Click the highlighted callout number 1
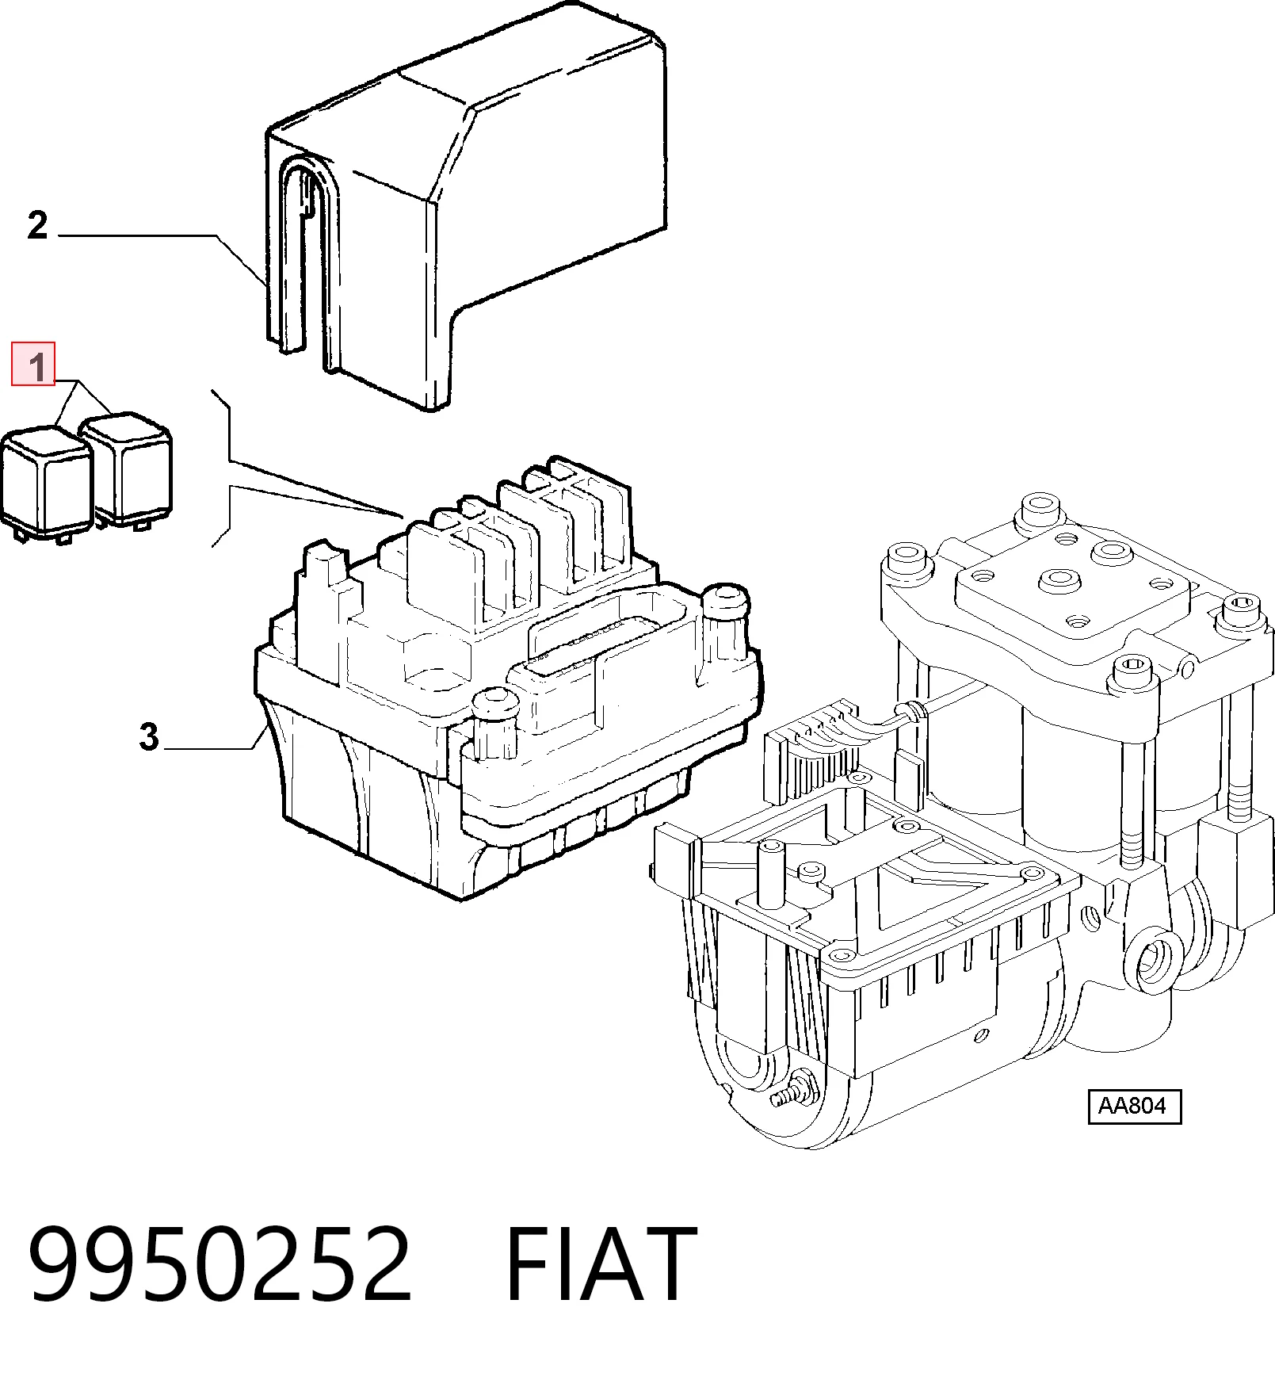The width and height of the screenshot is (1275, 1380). [x=33, y=364]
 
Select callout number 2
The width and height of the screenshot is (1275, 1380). [x=37, y=226]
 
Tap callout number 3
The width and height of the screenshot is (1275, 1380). [x=149, y=737]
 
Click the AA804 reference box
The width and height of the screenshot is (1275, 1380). [x=1134, y=1106]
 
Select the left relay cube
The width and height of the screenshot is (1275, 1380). [x=48, y=484]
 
